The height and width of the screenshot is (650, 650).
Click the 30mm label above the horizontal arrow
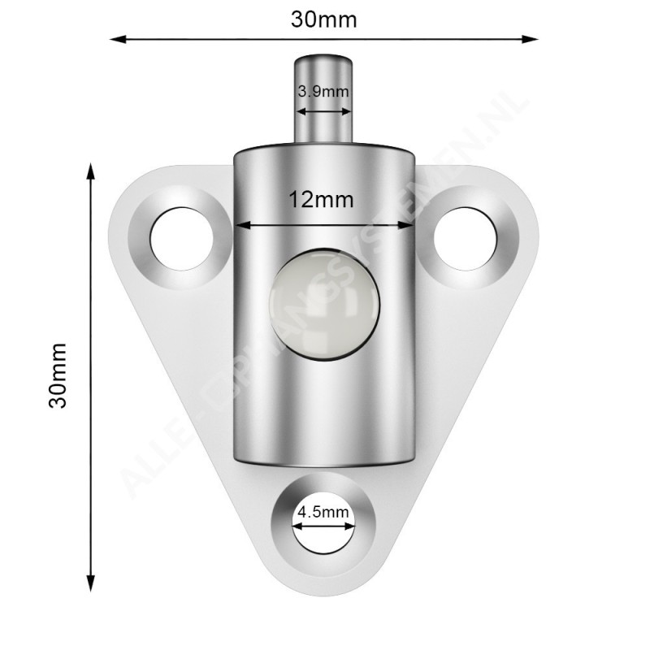point(324,19)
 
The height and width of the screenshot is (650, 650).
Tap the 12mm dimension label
point(322,199)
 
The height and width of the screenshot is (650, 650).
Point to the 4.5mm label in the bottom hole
point(323,512)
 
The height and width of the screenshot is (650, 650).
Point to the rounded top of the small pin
point(323,56)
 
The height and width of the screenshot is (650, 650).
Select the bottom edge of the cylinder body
point(323,466)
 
